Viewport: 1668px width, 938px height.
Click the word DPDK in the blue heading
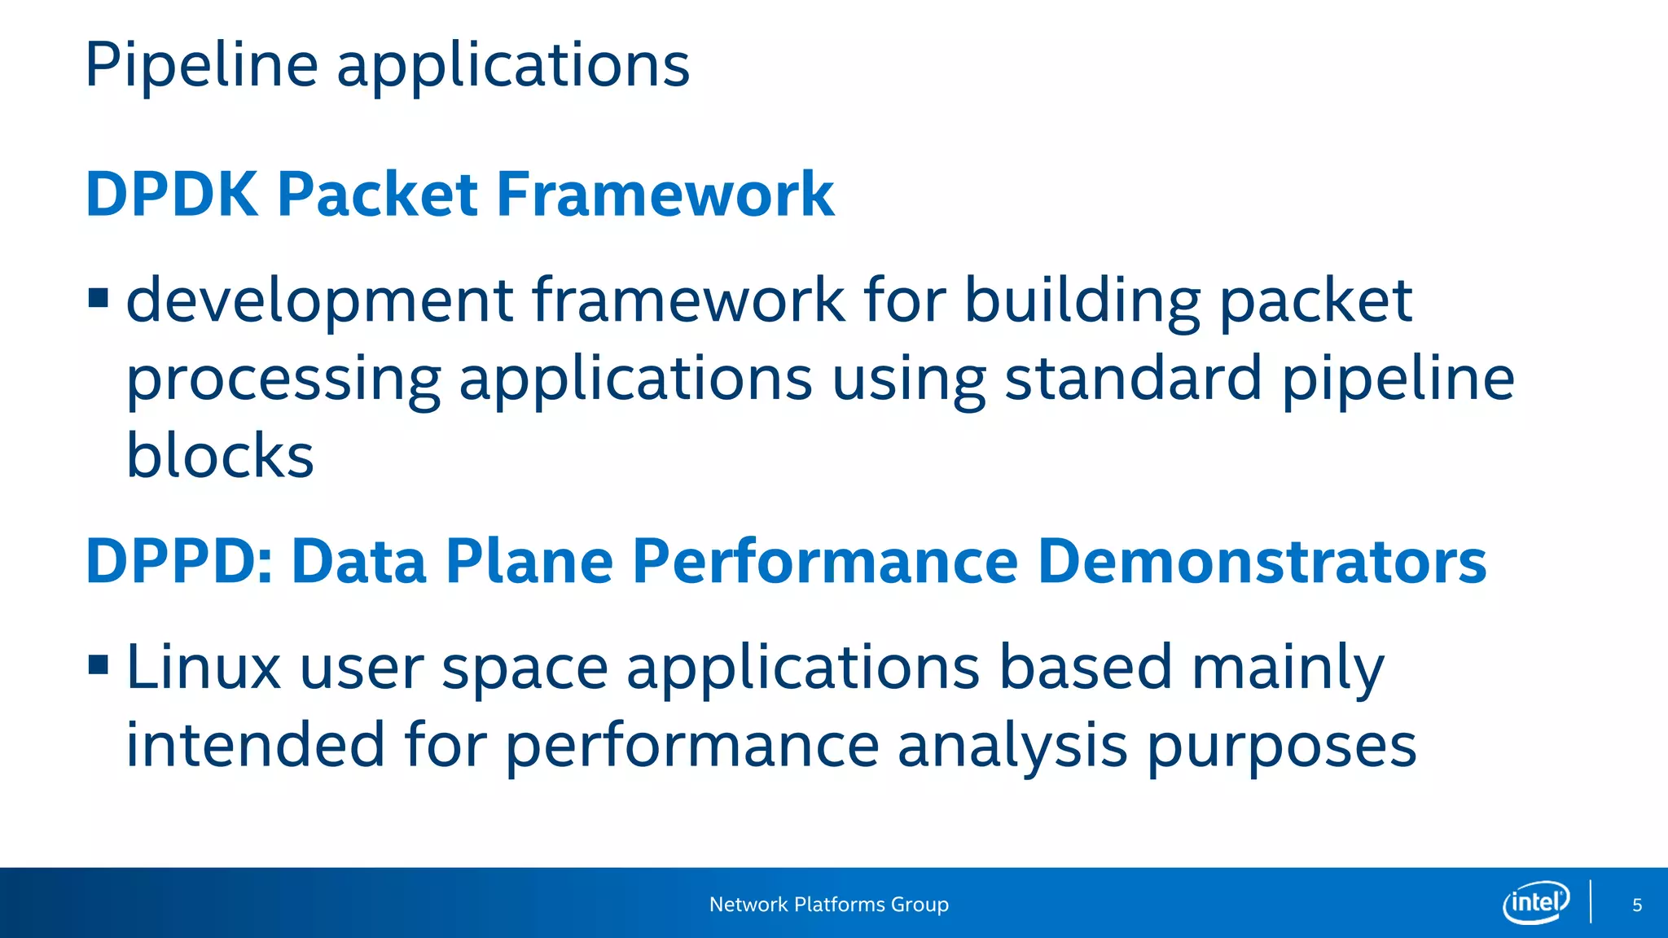point(171,195)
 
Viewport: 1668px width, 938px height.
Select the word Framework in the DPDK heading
point(665,195)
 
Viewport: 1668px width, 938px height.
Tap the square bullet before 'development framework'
point(99,298)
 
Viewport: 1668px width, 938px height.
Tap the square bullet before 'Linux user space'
point(99,665)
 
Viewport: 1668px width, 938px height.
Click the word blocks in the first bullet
point(220,455)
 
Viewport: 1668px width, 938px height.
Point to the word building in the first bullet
point(1082,301)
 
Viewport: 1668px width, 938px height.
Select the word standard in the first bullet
point(1133,379)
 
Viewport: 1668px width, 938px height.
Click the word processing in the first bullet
point(283,380)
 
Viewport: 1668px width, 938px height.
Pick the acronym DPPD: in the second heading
point(179,562)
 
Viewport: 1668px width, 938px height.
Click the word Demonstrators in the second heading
point(1262,562)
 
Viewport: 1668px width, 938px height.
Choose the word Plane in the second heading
point(529,562)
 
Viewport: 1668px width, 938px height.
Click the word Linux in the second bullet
point(204,668)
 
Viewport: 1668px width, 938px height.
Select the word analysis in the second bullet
point(1012,746)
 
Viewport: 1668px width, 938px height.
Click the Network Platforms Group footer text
point(828,905)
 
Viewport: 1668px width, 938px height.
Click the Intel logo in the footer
point(1536,902)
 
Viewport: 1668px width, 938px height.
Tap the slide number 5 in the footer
point(1637,905)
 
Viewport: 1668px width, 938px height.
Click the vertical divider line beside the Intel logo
point(1591,902)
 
